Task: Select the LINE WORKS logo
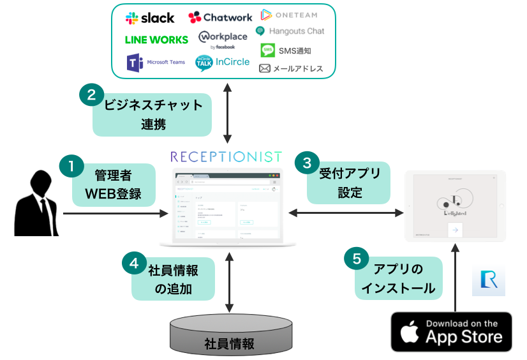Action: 156,40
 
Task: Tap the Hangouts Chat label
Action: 296,31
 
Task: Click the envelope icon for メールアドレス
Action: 265,68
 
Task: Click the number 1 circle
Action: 71,167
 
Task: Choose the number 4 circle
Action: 133,262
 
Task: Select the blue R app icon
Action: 488,283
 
